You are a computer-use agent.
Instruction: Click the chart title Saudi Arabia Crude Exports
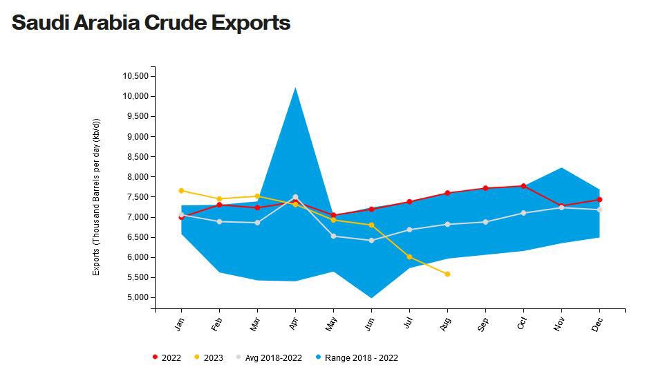pyautogui.click(x=151, y=23)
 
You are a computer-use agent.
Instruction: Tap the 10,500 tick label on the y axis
pyautogui.click(x=135, y=76)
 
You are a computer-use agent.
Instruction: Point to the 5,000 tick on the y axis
pyautogui.click(x=138, y=297)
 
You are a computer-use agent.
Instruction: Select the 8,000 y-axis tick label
pyautogui.click(x=138, y=177)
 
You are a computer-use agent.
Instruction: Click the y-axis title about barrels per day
pyautogui.click(x=97, y=197)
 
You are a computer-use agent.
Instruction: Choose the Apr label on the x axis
pyautogui.click(x=295, y=323)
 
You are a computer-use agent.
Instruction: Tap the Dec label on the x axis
pyautogui.click(x=598, y=323)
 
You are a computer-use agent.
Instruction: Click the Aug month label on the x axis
pyautogui.click(x=446, y=323)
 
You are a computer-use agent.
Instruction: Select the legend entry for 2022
pyautogui.click(x=167, y=357)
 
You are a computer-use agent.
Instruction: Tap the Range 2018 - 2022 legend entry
pyautogui.click(x=357, y=357)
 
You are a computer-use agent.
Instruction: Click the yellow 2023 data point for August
pyautogui.click(x=447, y=274)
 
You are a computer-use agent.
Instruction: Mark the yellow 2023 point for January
pyautogui.click(x=181, y=190)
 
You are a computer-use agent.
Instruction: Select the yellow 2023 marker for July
pyautogui.click(x=409, y=257)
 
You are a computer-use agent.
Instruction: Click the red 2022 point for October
pyautogui.click(x=523, y=186)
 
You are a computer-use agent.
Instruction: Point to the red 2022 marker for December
pyautogui.click(x=599, y=199)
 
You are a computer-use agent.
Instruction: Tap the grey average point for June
pyautogui.click(x=371, y=241)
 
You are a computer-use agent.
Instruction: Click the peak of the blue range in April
pyautogui.click(x=296, y=89)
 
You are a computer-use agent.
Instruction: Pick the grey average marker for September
pyautogui.click(x=485, y=222)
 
